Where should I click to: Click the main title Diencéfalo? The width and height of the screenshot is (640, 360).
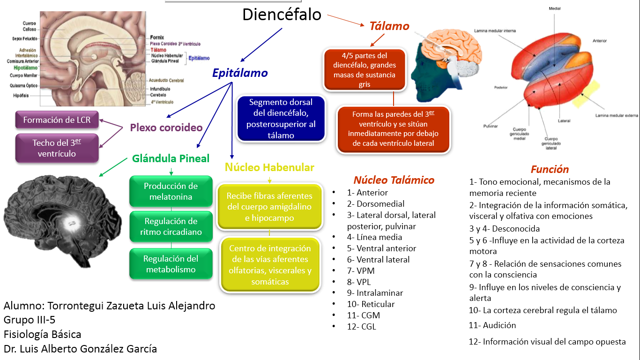click(x=282, y=15)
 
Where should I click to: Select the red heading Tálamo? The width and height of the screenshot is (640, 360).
click(x=389, y=26)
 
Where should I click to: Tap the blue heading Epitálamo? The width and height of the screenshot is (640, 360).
click(x=240, y=73)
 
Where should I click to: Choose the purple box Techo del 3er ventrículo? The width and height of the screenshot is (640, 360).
click(x=57, y=148)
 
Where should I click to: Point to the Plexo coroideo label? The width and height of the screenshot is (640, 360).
click(x=166, y=127)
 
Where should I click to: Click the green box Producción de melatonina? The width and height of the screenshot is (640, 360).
click(x=171, y=191)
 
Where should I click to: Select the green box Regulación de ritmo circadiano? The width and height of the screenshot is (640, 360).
click(x=171, y=226)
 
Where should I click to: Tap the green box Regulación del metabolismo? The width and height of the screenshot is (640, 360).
click(x=171, y=264)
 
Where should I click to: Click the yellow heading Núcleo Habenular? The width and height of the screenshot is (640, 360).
click(x=269, y=167)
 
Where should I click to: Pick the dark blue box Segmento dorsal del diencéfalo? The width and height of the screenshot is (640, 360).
click(x=281, y=119)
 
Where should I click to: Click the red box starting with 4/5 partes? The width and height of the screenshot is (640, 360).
click(x=365, y=69)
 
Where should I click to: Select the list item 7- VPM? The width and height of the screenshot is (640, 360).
click(x=361, y=270)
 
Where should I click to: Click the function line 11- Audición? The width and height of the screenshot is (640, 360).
click(x=492, y=325)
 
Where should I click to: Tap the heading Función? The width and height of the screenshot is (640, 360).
click(x=550, y=169)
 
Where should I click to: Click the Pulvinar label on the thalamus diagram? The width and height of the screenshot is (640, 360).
click(x=490, y=126)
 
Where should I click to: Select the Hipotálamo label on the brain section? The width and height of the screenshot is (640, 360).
click(x=22, y=67)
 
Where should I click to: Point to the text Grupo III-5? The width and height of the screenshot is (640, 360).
click(x=30, y=320)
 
